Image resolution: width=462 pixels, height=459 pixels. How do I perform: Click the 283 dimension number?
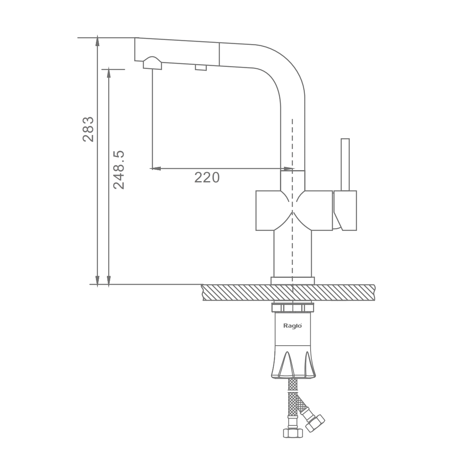tap(88, 129)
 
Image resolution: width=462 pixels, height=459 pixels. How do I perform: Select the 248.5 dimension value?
tap(119, 170)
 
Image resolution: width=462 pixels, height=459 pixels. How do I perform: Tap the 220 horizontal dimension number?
tap(207, 177)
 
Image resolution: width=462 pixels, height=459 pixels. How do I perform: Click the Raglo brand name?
tap(293, 326)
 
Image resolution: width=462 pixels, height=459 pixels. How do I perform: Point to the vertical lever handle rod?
tap(345, 164)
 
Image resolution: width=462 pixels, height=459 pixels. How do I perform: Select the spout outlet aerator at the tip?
tap(152, 63)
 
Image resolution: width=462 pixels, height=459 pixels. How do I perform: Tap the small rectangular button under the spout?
tap(201, 68)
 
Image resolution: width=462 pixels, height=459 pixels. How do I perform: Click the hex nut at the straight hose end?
tap(293, 433)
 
